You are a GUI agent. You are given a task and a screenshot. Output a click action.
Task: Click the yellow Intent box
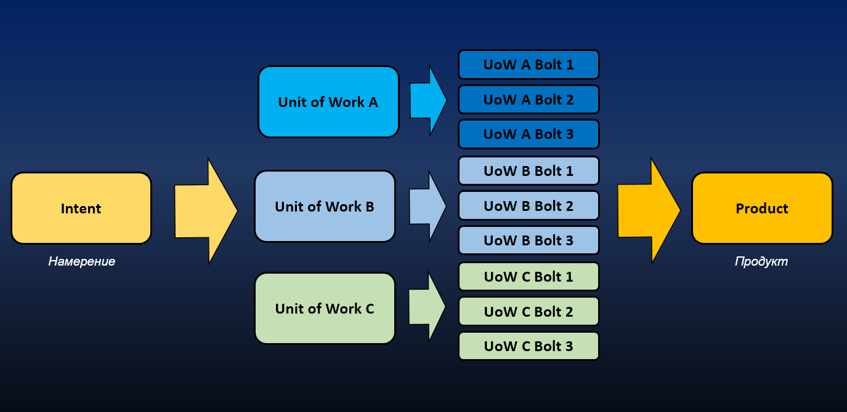[81, 208]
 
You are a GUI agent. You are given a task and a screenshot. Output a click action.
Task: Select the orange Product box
[761, 208]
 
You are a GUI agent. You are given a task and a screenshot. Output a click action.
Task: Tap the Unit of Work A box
[328, 102]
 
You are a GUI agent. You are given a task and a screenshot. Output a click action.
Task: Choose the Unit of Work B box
[325, 207]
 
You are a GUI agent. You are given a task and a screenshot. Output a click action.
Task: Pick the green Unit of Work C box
[325, 309]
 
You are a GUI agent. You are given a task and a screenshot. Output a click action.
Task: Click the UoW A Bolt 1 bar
[529, 65]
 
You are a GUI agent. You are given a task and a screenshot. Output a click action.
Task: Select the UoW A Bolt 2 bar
[529, 100]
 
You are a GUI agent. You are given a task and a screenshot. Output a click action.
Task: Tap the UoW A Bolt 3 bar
[529, 134]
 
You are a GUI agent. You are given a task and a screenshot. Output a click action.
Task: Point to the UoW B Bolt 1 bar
[529, 171]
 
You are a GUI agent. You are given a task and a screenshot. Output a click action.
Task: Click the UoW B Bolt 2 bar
[529, 206]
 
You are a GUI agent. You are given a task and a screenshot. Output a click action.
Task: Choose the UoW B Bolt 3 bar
[529, 240]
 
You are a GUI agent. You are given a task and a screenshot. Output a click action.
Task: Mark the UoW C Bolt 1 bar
[529, 277]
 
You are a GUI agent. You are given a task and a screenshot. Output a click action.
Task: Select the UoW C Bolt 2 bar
[529, 312]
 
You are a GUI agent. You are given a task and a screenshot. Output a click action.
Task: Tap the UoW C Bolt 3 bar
[529, 346]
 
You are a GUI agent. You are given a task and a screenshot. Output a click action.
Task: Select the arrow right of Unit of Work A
[428, 100]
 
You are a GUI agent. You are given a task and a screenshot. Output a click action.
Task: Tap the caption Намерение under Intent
[82, 261]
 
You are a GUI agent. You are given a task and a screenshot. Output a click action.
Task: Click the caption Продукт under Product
[761, 261]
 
